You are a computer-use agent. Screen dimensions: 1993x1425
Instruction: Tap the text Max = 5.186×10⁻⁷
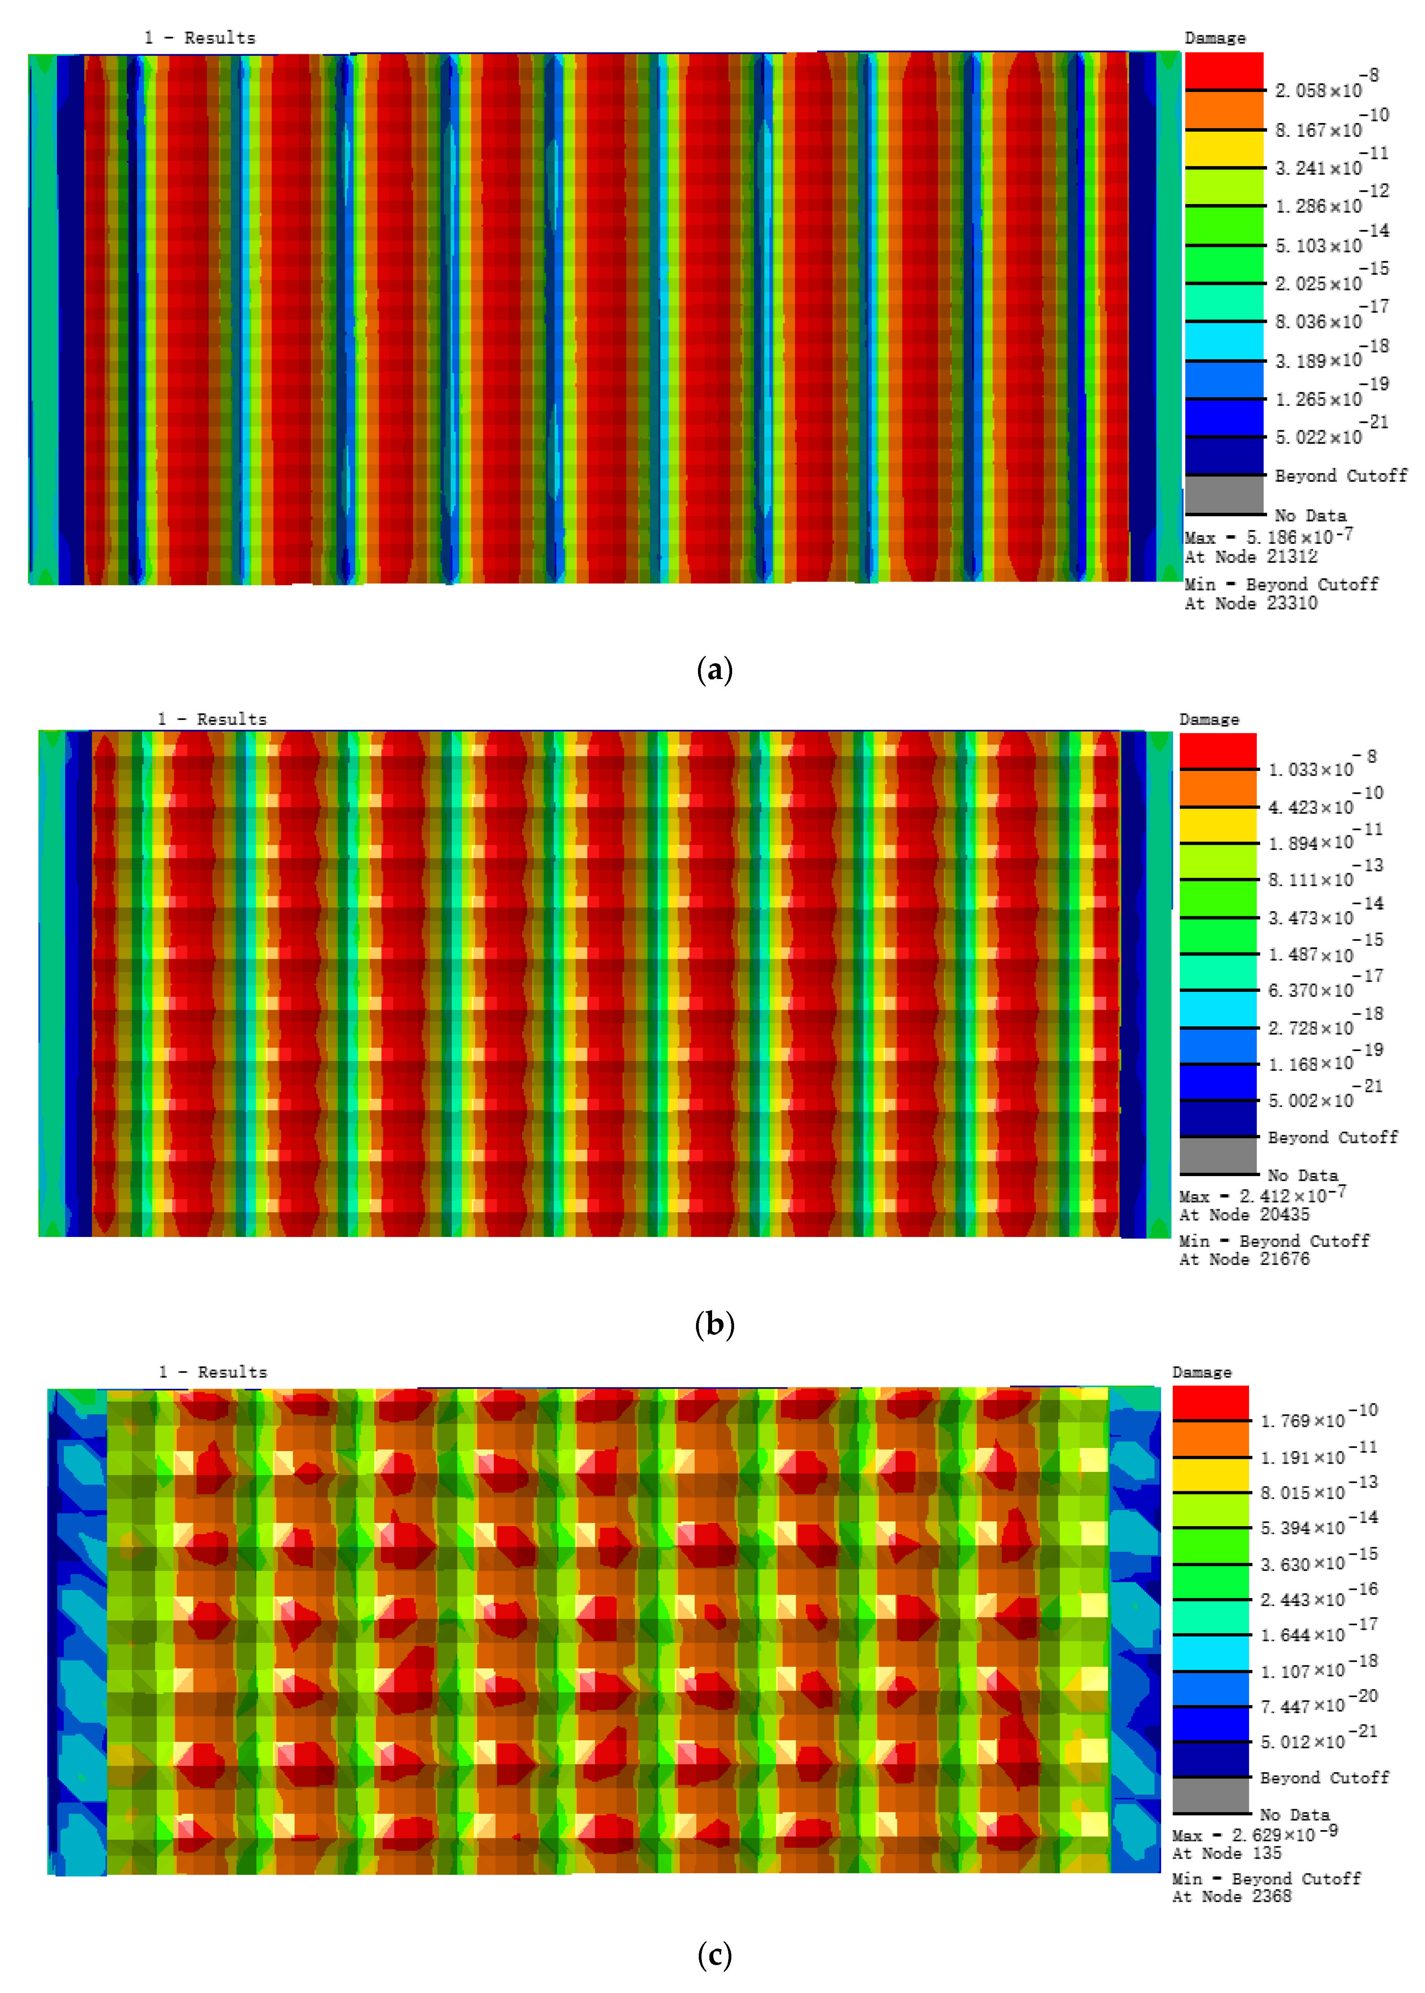pyautogui.click(x=1268, y=536)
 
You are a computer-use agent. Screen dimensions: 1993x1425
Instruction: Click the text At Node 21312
pyautogui.click(x=1250, y=556)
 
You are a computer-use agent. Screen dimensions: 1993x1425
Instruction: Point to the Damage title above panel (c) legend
pyautogui.click(x=1201, y=1372)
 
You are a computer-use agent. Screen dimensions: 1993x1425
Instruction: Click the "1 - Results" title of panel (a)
pyautogui.click(x=200, y=38)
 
